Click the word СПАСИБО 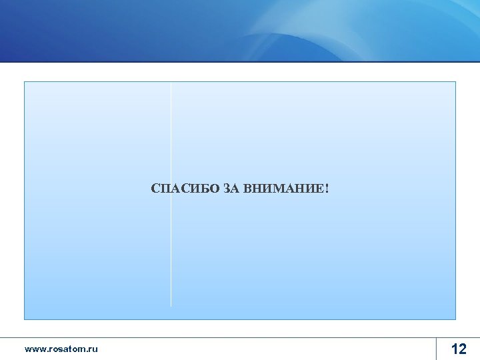pos(185,189)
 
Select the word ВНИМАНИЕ pos(283,189)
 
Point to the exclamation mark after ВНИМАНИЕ pos(327,189)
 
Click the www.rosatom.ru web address pos(61,349)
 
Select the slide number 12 pos(459,349)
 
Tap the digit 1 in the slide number pos(454,349)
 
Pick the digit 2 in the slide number pos(463,349)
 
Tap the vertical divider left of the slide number pos(437,349)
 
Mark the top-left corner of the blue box pos(25,82)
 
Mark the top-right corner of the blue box pos(455,82)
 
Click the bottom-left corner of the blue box pos(25,319)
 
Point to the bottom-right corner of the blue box pos(455,319)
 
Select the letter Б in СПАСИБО pos(205,189)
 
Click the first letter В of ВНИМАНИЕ pos(248,189)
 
